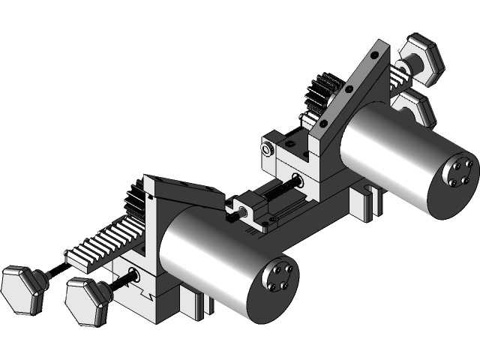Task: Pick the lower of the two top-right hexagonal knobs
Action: pyautogui.click(x=414, y=109)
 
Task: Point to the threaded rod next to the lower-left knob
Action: pyautogui.click(x=126, y=280)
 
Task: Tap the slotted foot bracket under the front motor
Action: pyautogui.click(x=191, y=304)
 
